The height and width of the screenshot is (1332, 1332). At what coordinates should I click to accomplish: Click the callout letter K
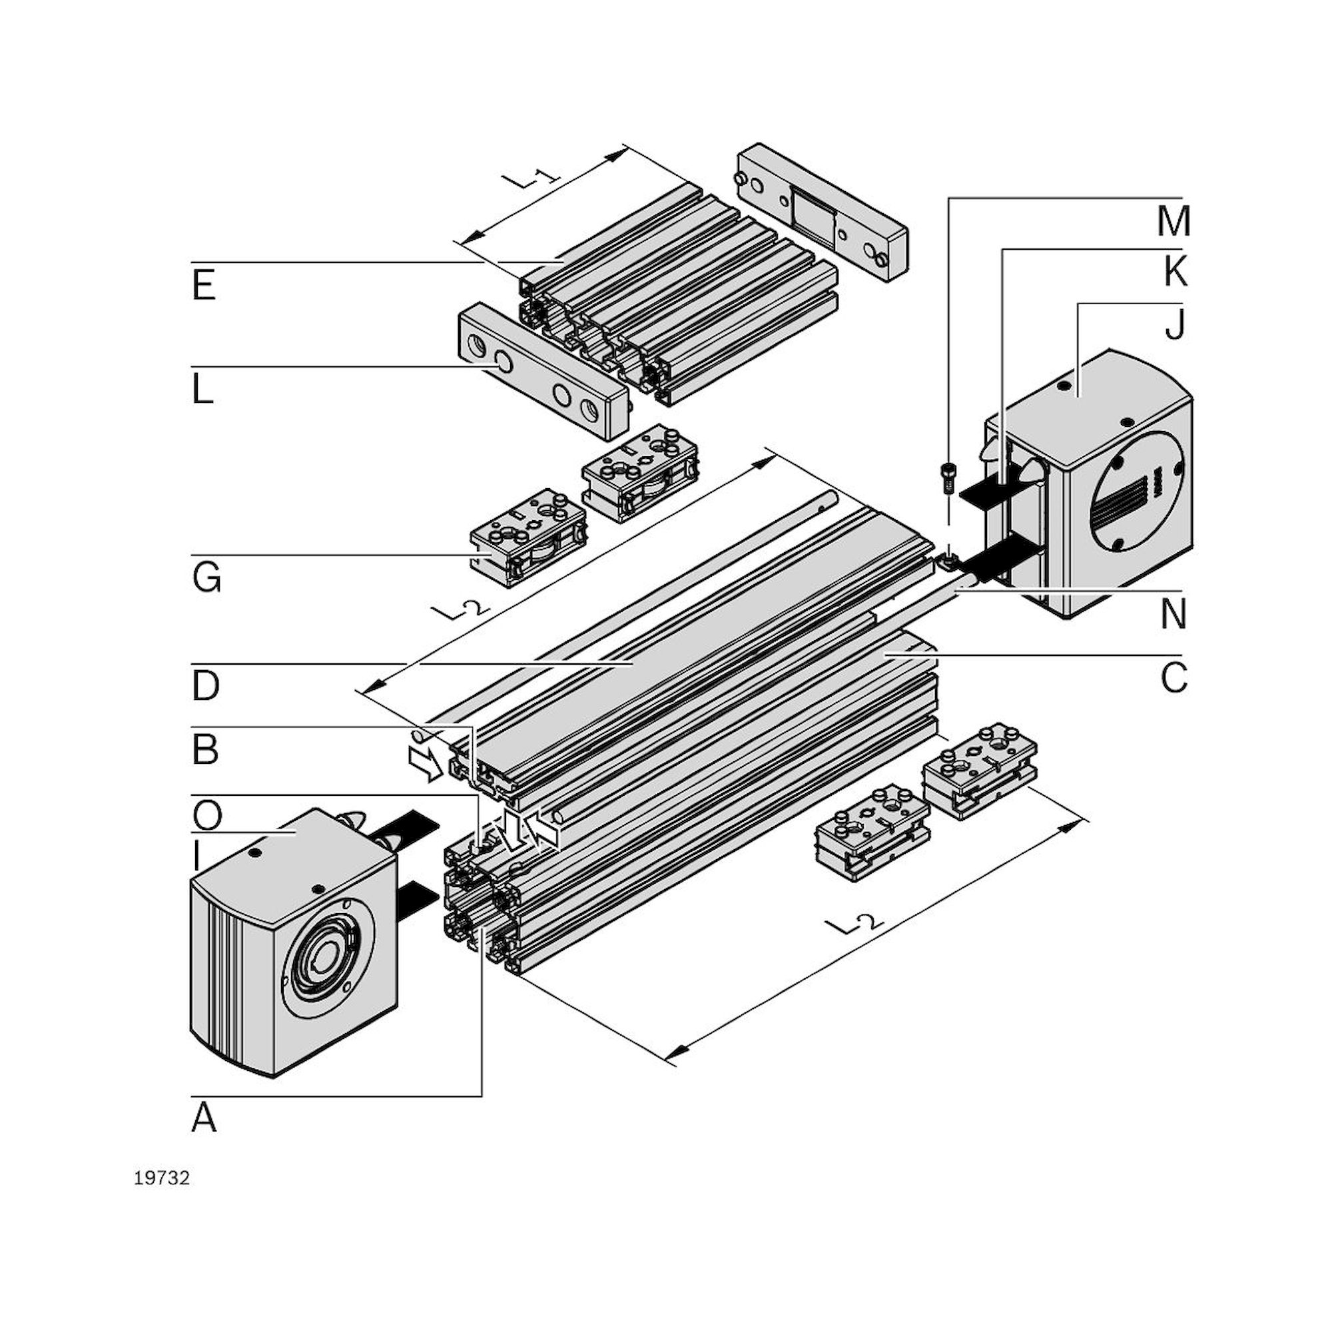(1175, 272)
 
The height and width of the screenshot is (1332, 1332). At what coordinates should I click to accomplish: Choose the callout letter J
(1175, 324)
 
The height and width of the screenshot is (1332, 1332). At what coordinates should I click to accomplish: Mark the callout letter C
(1173, 679)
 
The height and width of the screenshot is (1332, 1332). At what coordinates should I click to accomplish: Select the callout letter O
(207, 817)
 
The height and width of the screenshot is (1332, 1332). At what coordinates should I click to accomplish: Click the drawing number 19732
(161, 1178)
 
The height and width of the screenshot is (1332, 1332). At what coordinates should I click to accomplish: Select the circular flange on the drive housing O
(327, 957)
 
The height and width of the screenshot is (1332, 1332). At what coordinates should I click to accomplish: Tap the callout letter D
(205, 686)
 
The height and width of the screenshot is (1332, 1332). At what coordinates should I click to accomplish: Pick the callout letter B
(204, 750)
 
